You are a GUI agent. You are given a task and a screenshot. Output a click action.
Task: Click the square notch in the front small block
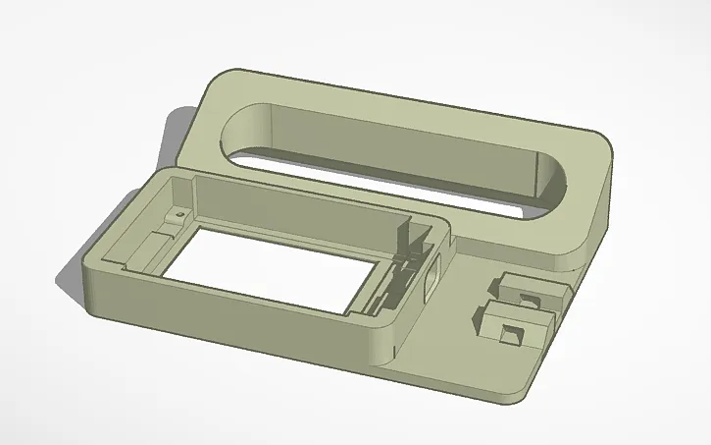point(508,337)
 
